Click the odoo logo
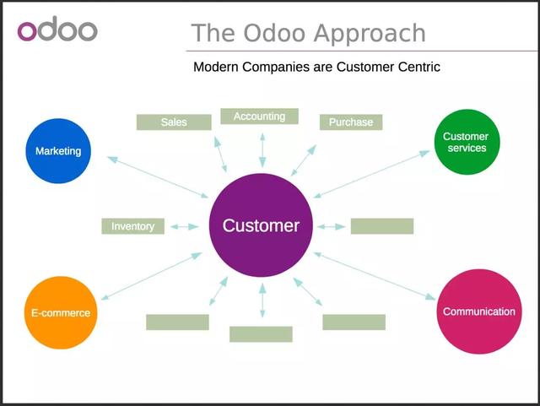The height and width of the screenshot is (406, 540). click(57, 30)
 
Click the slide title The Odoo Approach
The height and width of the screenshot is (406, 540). click(308, 33)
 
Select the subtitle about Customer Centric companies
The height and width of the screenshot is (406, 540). click(316, 66)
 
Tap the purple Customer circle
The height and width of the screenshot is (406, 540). click(261, 226)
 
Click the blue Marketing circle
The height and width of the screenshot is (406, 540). click(58, 151)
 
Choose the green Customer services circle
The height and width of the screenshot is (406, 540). click(465, 142)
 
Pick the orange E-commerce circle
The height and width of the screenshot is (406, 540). click(56, 312)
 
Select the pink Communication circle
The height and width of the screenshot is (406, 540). click(478, 311)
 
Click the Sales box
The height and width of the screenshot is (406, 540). click(173, 122)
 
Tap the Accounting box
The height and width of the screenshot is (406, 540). click(259, 116)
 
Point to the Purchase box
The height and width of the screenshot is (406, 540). click(351, 122)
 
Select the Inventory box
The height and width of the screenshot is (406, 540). click(132, 226)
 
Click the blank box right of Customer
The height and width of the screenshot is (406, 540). click(381, 226)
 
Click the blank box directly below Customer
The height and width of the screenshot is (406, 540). click(261, 334)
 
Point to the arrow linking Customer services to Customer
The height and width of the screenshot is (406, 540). click(372, 174)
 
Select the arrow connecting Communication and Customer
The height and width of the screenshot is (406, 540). click(375, 275)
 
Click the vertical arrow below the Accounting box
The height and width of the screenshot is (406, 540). click(262, 149)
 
